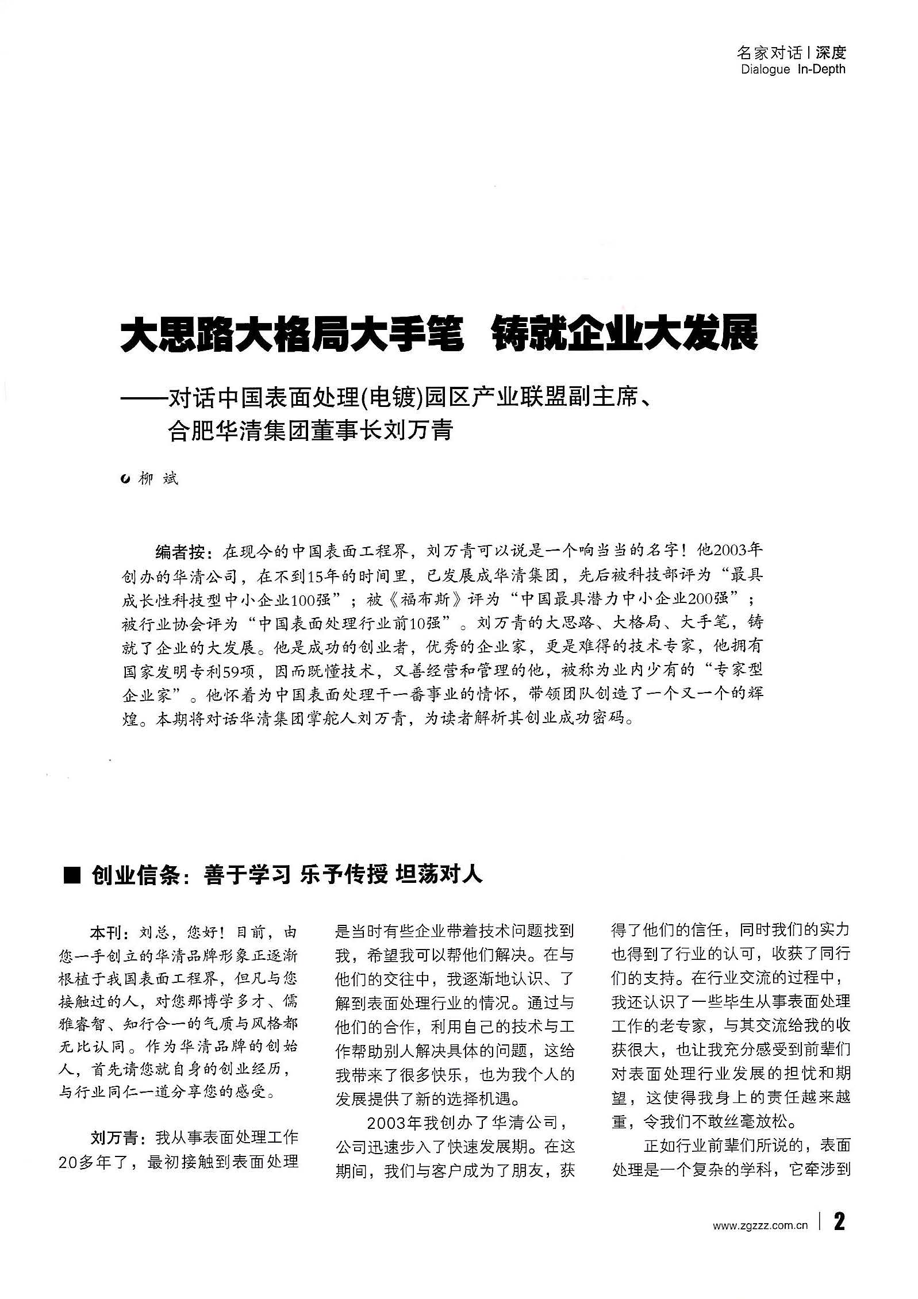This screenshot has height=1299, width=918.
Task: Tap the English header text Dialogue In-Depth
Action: pyautogui.click(x=793, y=70)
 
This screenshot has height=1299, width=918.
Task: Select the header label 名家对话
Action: pyautogui.click(x=769, y=53)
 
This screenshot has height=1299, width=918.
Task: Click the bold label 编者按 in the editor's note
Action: pyautogui.click(x=180, y=552)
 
